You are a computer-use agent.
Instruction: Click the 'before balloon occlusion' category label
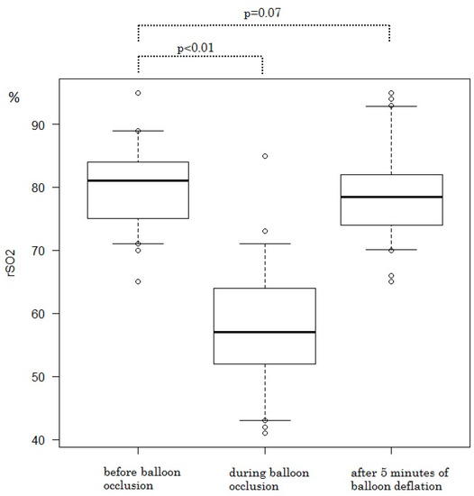tap(138, 477)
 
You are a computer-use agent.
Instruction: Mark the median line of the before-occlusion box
tap(138, 181)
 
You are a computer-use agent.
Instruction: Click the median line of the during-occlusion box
tap(264, 332)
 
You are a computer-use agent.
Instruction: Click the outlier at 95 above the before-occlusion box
tap(138, 93)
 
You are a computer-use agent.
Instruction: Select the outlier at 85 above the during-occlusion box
tap(264, 156)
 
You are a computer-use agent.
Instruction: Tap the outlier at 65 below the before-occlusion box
tap(138, 281)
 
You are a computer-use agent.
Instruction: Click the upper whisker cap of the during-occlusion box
tap(264, 243)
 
